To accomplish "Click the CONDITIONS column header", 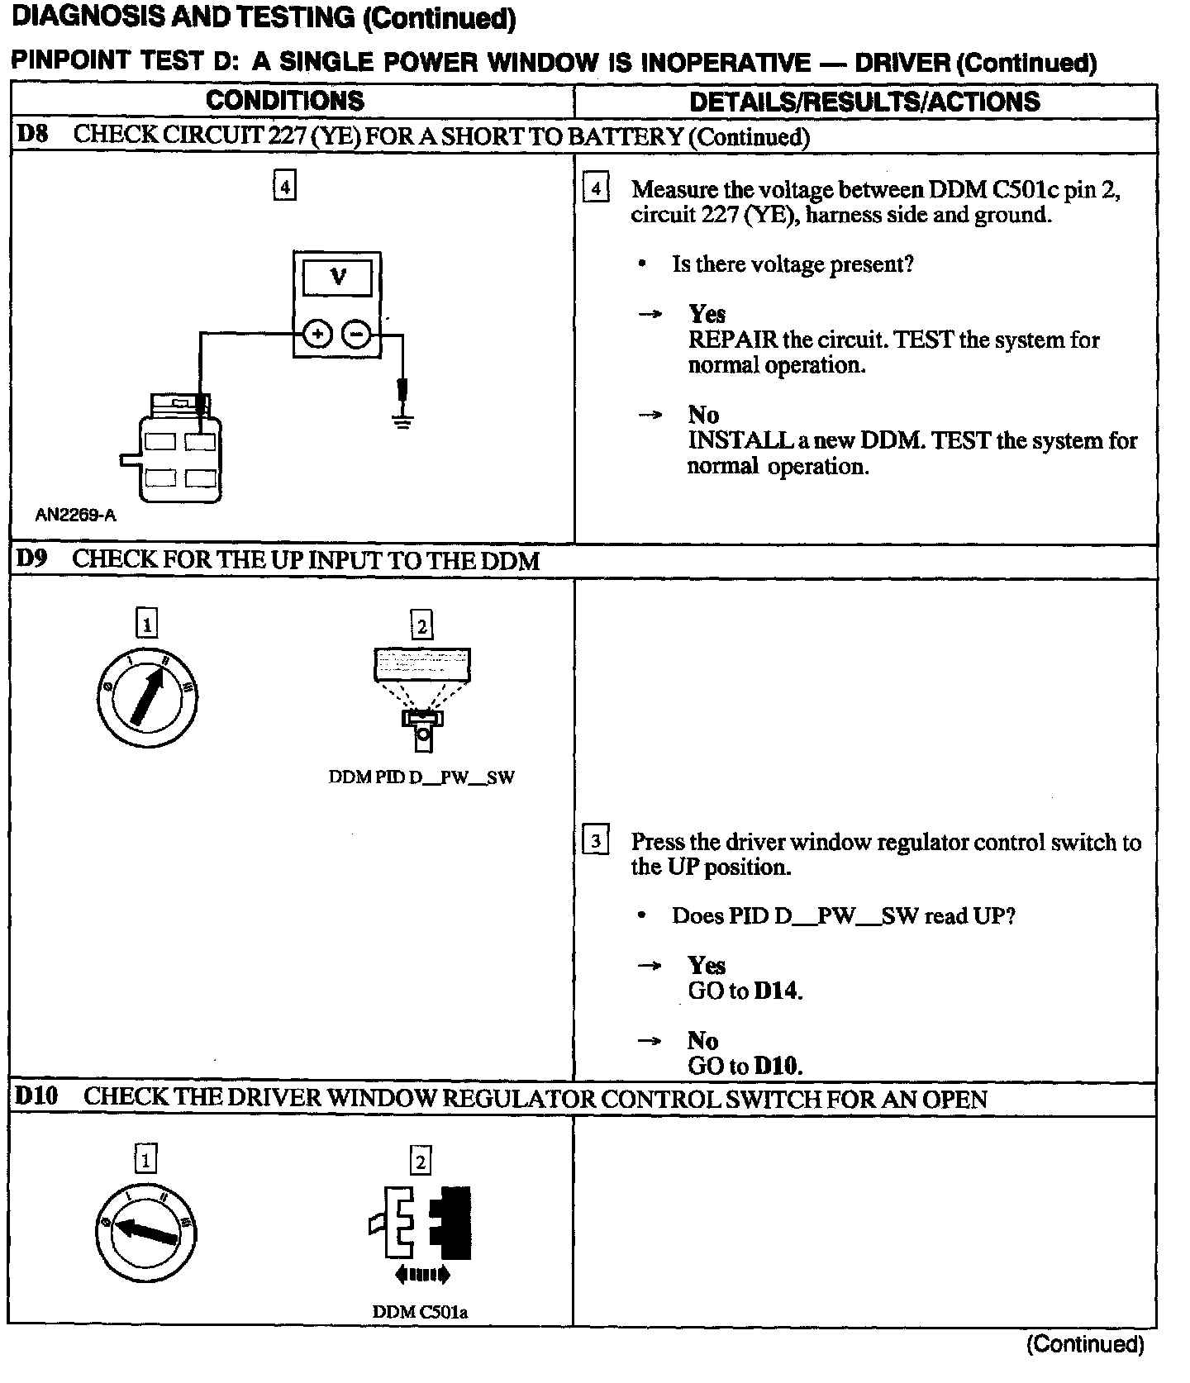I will pyautogui.click(x=285, y=101).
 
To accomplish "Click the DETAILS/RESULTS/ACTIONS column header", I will pyautogui.click(x=864, y=102).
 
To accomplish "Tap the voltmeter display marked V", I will pyautogui.click(x=338, y=278).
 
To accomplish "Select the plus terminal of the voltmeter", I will pyautogui.click(x=317, y=335).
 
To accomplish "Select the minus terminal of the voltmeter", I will pyautogui.click(x=357, y=335).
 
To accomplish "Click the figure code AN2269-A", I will pyautogui.click(x=75, y=516).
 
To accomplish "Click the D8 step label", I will pyautogui.click(x=32, y=135).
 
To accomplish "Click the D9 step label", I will pyautogui.click(x=32, y=558).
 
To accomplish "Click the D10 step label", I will pyautogui.click(x=37, y=1097).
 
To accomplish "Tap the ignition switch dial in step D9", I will pyautogui.click(x=147, y=698).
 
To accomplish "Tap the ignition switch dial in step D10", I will pyautogui.click(x=147, y=1233).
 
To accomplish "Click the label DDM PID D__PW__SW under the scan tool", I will pyautogui.click(x=421, y=777).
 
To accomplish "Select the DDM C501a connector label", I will pyautogui.click(x=420, y=1311).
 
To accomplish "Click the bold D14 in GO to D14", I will pyautogui.click(x=778, y=991).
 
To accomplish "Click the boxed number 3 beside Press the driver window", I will pyautogui.click(x=596, y=842).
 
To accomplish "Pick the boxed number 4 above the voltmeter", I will pyautogui.click(x=284, y=187).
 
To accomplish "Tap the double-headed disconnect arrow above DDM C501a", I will pyautogui.click(x=421, y=1275).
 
